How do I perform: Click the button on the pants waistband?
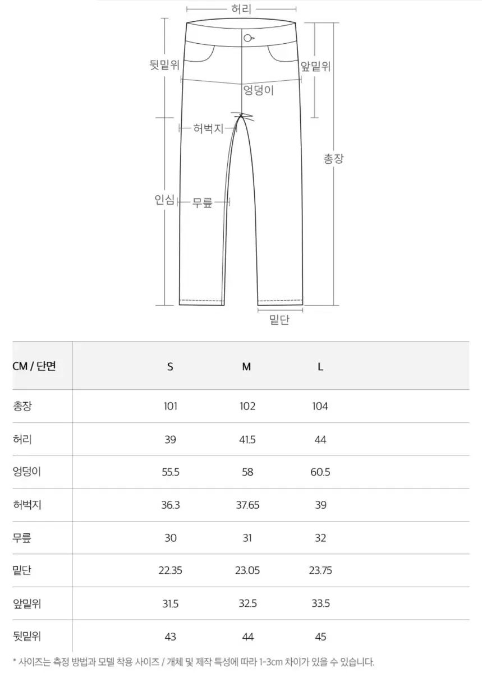[247, 38]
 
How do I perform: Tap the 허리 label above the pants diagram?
[241, 9]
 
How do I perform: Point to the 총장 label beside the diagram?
[333, 158]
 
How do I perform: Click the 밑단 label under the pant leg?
[279, 320]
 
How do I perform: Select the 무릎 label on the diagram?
[203, 202]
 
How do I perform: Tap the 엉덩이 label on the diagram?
[258, 90]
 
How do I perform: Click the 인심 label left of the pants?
[164, 200]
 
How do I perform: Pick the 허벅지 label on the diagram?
[208, 128]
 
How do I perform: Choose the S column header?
[170, 367]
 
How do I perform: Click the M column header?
[246, 367]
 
